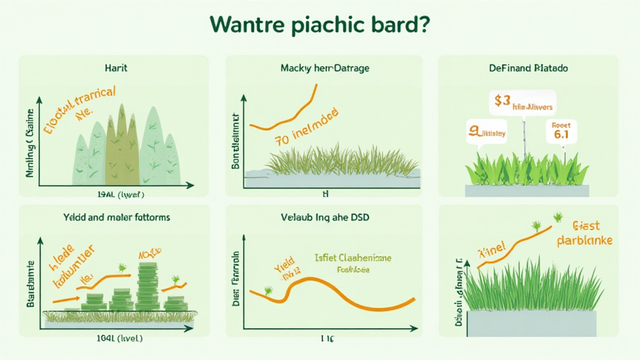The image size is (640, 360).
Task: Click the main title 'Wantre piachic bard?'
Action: point(319,26)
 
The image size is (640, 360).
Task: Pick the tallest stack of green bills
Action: point(147,284)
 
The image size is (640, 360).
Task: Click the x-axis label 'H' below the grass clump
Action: point(324,194)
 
